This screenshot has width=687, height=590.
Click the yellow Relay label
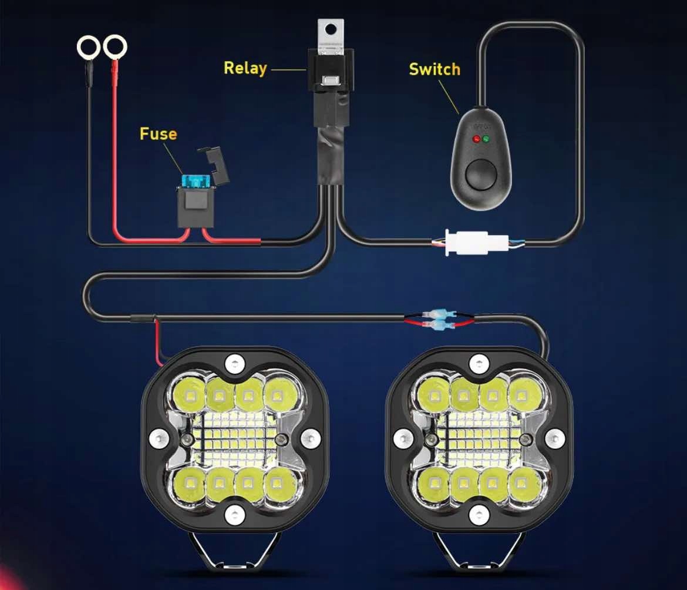245,68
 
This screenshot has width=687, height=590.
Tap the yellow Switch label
434,69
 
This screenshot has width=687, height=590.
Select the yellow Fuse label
158,134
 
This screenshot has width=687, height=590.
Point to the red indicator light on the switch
476,140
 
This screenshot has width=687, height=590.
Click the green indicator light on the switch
486,140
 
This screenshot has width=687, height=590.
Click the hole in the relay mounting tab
332,28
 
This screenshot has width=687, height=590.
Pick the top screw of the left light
234,362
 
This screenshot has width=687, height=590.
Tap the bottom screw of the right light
479,512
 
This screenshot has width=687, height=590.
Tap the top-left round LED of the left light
188,394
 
